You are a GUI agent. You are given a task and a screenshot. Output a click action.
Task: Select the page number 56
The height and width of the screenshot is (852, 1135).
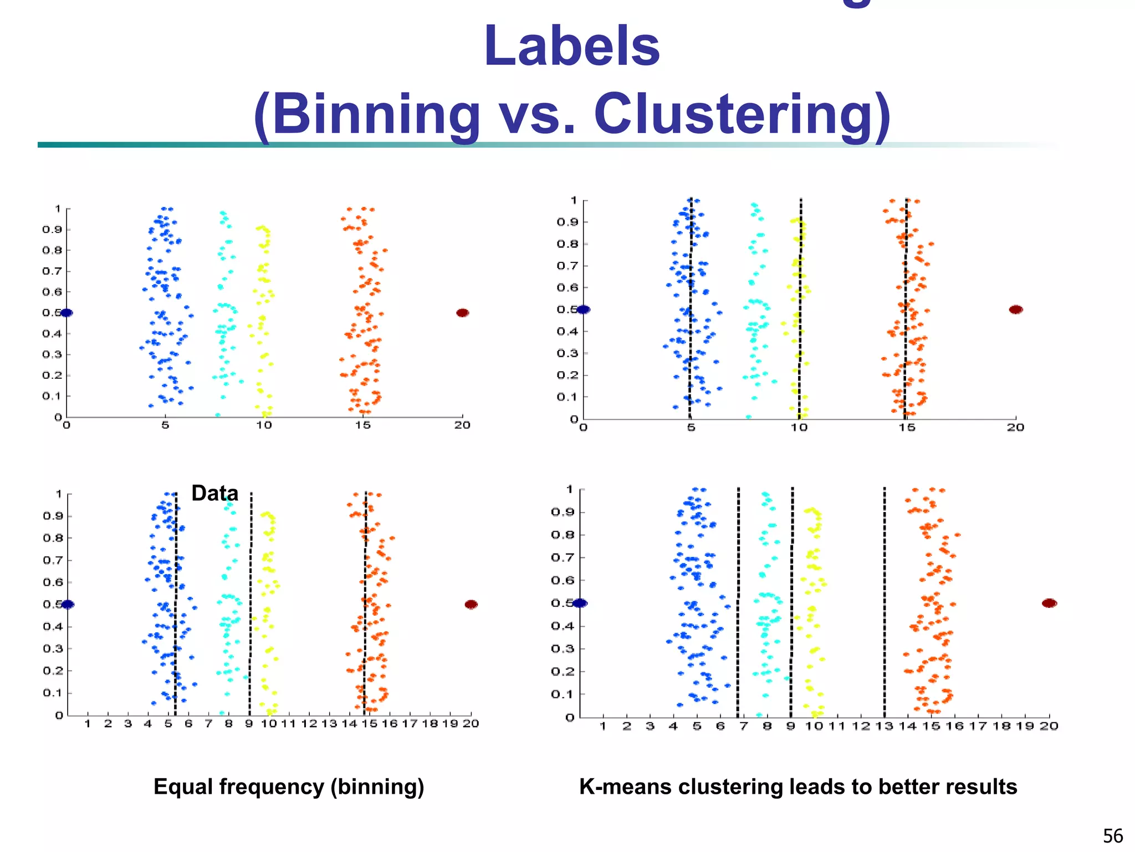click(x=1112, y=836)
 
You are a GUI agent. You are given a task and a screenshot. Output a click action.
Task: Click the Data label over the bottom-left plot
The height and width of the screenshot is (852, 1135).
click(x=214, y=493)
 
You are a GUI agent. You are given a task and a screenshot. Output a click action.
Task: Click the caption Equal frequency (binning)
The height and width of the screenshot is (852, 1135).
click(x=289, y=787)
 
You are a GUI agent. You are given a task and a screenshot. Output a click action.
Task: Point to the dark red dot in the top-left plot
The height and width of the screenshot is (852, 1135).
click(x=462, y=313)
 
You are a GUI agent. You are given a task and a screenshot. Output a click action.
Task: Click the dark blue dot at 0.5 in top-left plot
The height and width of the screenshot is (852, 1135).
click(x=67, y=313)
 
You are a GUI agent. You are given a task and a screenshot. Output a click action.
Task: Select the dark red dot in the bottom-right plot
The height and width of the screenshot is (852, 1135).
click(x=1049, y=603)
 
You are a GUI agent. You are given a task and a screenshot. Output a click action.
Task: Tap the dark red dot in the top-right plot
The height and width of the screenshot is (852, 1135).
click(x=1015, y=310)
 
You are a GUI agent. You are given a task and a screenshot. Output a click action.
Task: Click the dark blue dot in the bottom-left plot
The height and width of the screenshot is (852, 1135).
click(x=68, y=604)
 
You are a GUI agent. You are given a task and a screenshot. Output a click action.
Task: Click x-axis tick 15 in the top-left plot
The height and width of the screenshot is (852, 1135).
click(x=363, y=425)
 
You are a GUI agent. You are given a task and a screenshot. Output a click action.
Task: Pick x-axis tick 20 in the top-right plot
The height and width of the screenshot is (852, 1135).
click(x=1015, y=428)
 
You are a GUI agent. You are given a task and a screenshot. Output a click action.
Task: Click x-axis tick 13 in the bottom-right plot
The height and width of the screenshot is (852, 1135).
click(x=884, y=726)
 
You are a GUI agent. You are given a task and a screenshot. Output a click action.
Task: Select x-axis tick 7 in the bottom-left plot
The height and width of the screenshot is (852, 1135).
click(x=208, y=724)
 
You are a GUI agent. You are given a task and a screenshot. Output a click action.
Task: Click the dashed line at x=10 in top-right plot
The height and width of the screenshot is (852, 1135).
click(x=800, y=311)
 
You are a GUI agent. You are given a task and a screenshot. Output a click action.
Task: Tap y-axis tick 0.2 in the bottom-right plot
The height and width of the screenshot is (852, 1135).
click(x=562, y=672)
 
